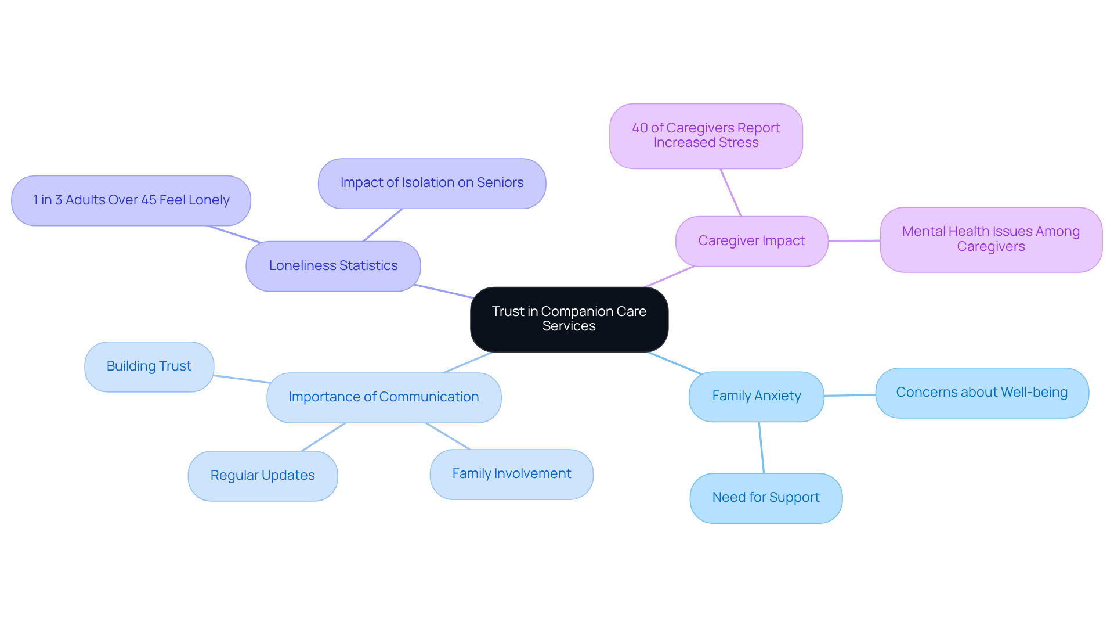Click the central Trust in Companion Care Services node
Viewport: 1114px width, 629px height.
569,319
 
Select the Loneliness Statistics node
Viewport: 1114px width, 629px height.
333,266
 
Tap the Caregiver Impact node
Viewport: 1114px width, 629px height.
751,241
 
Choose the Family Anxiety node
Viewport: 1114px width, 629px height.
756,396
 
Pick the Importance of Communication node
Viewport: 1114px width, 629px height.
384,397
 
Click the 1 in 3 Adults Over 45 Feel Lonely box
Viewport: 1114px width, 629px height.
131,200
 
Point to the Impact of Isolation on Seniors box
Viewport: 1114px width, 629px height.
432,183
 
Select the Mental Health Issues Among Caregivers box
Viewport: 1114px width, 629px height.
990,239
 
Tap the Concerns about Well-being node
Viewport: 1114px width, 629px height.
981,393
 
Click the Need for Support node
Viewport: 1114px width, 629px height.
765,498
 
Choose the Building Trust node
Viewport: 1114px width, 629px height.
149,366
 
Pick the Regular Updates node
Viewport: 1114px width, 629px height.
262,476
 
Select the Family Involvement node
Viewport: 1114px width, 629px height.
511,474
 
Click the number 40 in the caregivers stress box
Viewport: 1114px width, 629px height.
639,128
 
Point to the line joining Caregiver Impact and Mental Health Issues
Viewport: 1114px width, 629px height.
854,240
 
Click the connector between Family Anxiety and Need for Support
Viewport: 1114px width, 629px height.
761,447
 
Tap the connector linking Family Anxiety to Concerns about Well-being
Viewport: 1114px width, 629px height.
850,395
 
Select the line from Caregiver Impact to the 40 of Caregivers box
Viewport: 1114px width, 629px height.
730,192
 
